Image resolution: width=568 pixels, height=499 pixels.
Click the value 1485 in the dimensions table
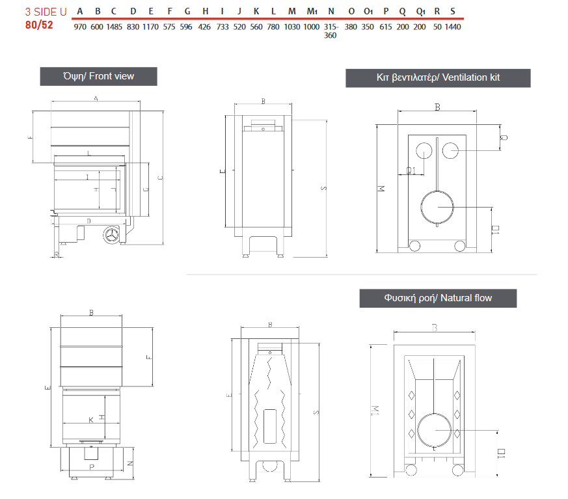pos(114,27)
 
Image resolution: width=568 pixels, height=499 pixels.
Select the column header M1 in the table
pos(312,11)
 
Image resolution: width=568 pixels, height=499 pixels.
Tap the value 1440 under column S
pos(453,27)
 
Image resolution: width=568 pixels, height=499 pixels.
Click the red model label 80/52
pos(40,26)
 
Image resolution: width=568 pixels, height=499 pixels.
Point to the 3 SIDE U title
pos(46,11)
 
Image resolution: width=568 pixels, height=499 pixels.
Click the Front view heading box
pos(98,76)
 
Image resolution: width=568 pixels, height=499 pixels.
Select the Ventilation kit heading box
pos(438,77)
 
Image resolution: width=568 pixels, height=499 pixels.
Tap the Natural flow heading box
pos(438,298)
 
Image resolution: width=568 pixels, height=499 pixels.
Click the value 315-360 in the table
pos(331,31)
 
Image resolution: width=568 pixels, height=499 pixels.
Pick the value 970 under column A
pos(80,27)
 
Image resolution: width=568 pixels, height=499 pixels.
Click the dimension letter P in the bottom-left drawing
pos(92,467)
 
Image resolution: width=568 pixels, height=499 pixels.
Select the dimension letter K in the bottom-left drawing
pos(91,420)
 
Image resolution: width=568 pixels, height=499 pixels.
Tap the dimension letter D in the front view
pos(88,221)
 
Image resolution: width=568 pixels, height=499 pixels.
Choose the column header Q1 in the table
pos(420,11)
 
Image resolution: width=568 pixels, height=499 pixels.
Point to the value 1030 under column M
pos(292,27)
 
